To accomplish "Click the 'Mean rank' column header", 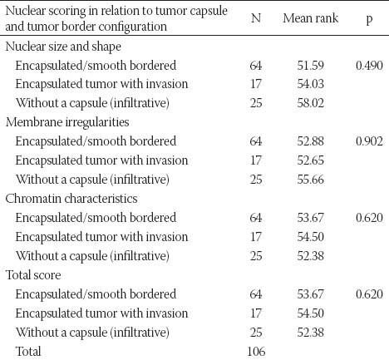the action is [x=310, y=18].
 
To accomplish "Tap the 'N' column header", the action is [x=256, y=18].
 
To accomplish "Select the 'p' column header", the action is [x=369, y=20].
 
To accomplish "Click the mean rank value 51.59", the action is [x=310, y=66].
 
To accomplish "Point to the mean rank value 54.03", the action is [x=310, y=84].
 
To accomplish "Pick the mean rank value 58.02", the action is [x=310, y=103].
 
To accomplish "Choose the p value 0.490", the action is [x=369, y=66].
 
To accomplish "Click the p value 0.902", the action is [x=369, y=141].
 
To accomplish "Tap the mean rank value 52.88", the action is [x=310, y=141].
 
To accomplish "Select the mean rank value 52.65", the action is [x=310, y=160].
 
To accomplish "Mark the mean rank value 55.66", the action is [x=310, y=180].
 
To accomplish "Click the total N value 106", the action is [x=256, y=352].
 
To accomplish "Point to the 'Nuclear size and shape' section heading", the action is [x=63, y=47].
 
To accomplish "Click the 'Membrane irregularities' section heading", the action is [x=67, y=122].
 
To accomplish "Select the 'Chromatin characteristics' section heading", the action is [x=71, y=199].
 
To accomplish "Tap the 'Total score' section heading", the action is [x=33, y=275].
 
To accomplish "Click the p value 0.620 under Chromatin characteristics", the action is [x=369, y=218].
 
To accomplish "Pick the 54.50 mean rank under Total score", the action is [x=310, y=313].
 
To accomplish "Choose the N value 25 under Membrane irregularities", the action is [x=256, y=180].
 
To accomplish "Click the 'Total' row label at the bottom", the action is [x=28, y=352].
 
